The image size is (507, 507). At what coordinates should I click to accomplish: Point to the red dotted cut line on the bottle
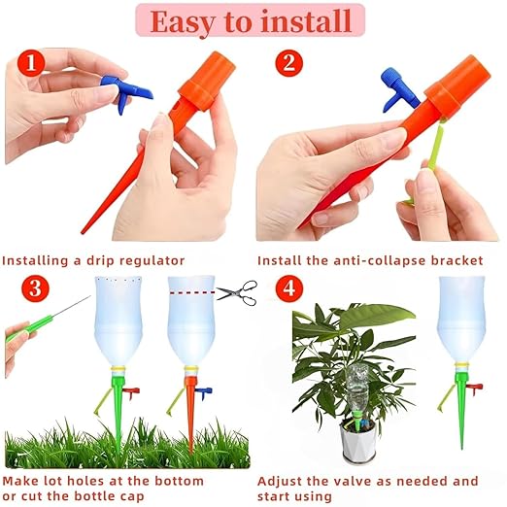point(190,289)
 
